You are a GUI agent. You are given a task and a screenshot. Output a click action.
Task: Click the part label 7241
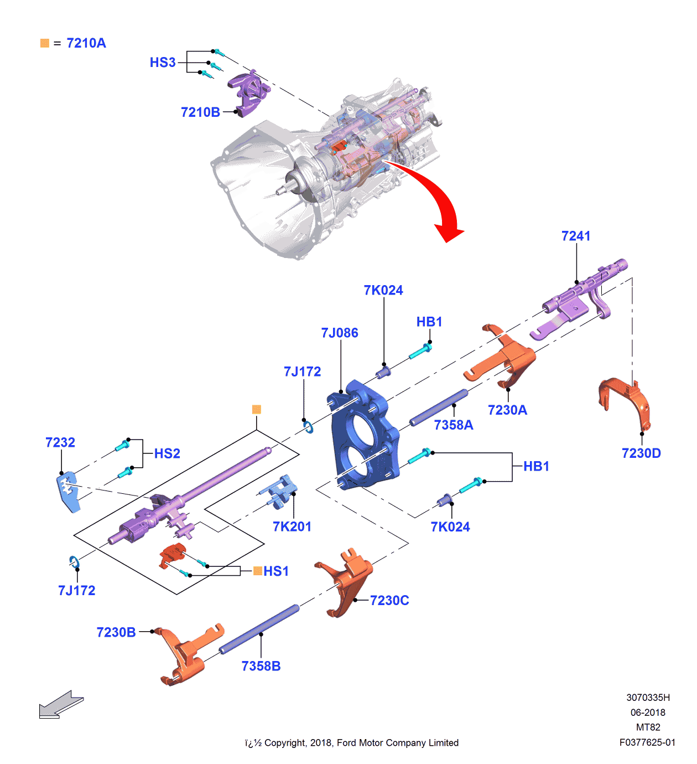click(576, 236)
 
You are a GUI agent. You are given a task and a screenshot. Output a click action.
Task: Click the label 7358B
click(261, 666)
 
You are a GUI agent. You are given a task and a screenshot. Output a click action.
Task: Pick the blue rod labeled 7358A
click(439, 407)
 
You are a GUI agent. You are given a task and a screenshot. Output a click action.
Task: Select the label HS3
click(163, 63)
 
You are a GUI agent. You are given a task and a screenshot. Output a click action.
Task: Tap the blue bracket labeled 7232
click(67, 491)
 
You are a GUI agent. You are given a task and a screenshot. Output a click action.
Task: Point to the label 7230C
click(389, 601)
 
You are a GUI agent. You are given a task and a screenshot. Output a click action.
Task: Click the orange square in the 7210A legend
click(45, 43)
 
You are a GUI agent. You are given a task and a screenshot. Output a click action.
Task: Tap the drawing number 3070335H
click(648, 698)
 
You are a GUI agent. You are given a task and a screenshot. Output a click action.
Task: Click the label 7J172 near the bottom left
click(77, 591)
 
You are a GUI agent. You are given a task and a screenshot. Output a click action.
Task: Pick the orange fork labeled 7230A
click(503, 357)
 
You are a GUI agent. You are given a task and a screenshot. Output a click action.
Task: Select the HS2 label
click(167, 454)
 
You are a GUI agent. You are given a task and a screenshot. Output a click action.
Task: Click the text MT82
click(648, 727)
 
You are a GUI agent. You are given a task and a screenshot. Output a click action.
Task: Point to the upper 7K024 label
click(383, 291)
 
